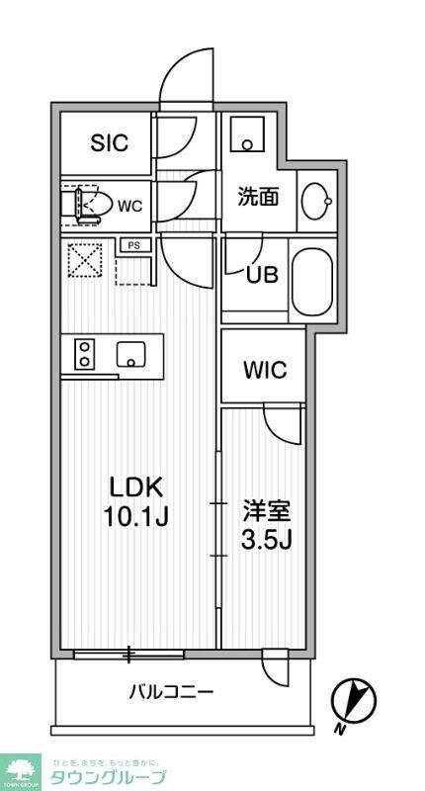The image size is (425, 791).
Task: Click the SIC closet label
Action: pyautogui.click(x=110, y=143)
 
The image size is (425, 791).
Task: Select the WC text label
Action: pyautogui.click(x=130, y=207)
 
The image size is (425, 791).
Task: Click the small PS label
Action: pyautogui.click(x=132, y=245)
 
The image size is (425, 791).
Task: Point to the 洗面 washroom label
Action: pyautogui.click(x=257, y=196)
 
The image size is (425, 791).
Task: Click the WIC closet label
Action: pyautogui.click(x=266, y=371)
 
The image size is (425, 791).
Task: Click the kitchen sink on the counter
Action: pyautogui.click(x=130, y=353)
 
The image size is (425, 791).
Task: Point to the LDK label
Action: pyautogui.click(x=135, y=487)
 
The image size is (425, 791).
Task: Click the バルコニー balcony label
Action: pyautogui.click(x=171, y=691)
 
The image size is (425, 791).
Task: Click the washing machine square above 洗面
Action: pyautogui.click(x=249, y=134)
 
